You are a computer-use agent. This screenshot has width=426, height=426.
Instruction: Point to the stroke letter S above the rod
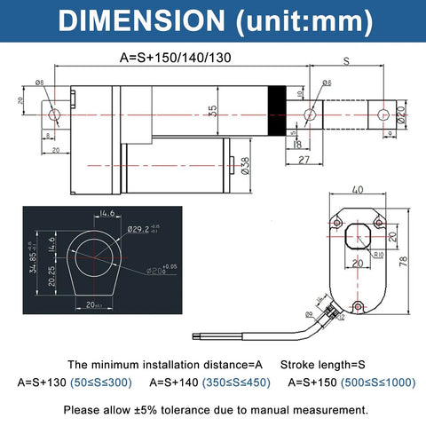tap(345, 60)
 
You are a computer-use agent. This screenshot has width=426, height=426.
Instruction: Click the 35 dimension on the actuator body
tap(210, 112)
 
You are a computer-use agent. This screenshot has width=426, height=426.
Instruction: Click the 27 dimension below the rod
tap(302, 160)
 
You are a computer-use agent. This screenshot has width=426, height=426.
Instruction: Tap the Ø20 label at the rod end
tap(400, 114)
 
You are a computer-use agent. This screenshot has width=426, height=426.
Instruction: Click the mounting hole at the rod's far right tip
tap(383, 114)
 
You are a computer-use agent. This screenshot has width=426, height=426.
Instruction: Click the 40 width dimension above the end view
tap(357, 189)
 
